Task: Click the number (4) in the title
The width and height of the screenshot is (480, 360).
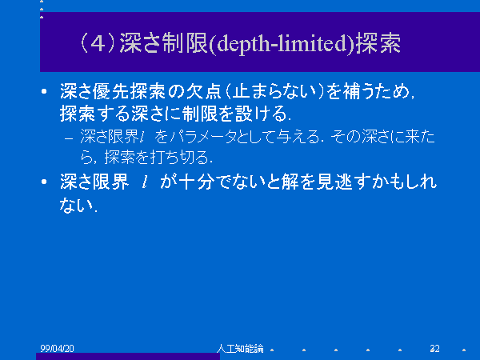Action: [98, 43]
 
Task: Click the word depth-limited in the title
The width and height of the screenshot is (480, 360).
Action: [282, 44]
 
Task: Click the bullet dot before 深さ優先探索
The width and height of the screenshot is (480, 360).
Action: [44, 91]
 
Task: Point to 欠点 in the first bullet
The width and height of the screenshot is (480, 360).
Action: [203, 91]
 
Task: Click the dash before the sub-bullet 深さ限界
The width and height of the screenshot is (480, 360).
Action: [69, 138]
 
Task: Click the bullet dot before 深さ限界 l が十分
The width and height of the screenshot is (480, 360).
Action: [44, 182]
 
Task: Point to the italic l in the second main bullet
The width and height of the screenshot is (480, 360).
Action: [145, 182]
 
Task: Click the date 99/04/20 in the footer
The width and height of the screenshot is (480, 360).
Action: [57, 348]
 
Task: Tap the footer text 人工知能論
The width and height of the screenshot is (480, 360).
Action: [240, 348]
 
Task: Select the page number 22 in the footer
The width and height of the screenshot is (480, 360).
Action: [434, 348]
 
